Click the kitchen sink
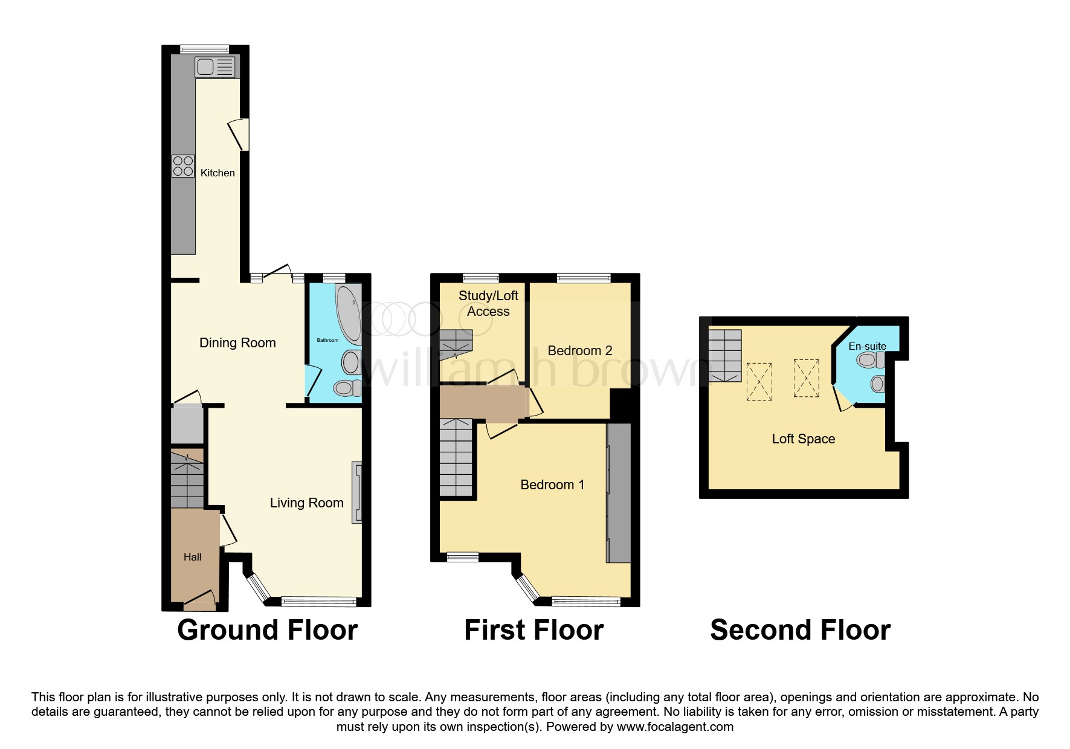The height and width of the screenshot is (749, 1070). (x=215, y=67)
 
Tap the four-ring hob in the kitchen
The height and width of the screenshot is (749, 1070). (x=183, y=166)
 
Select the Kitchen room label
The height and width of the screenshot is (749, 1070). (x=218, y=173)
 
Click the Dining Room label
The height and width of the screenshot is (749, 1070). (x=237, y=343)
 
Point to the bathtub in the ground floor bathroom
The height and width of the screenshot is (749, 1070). (x=349, y=314)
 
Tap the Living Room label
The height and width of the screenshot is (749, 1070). (x=306, y=503)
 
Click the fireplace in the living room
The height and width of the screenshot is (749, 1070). (x=357, y=492)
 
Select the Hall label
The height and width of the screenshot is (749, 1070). (x=193, y=557)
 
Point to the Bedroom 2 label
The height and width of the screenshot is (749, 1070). (x=580, y=350)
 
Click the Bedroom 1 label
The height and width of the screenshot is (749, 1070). (x=552, y=484)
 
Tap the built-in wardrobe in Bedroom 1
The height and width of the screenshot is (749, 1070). (x=619, y=493)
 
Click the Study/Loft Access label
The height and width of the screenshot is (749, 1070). (x=488, y=304)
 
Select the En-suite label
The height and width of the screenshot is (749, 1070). (x=867, y=346)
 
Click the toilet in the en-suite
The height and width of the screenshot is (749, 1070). (x=871, y=361)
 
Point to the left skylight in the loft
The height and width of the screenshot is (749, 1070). (x=759, y=382)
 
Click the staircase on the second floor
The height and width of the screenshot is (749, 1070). (x=725, y=356)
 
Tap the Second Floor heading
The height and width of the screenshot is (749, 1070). (x=800, y=630)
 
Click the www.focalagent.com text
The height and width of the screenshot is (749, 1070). (x=675, y=727)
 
